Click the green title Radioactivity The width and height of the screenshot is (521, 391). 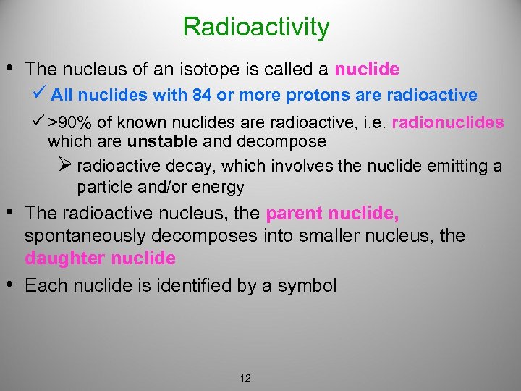[256, 27]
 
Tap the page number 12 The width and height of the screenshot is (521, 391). [245, 378]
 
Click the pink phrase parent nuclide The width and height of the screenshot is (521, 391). [332, 214]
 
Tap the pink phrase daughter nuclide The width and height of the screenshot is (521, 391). [100, 258]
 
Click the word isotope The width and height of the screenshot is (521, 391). [188, 70]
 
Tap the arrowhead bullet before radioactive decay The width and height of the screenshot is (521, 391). [66, 166]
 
